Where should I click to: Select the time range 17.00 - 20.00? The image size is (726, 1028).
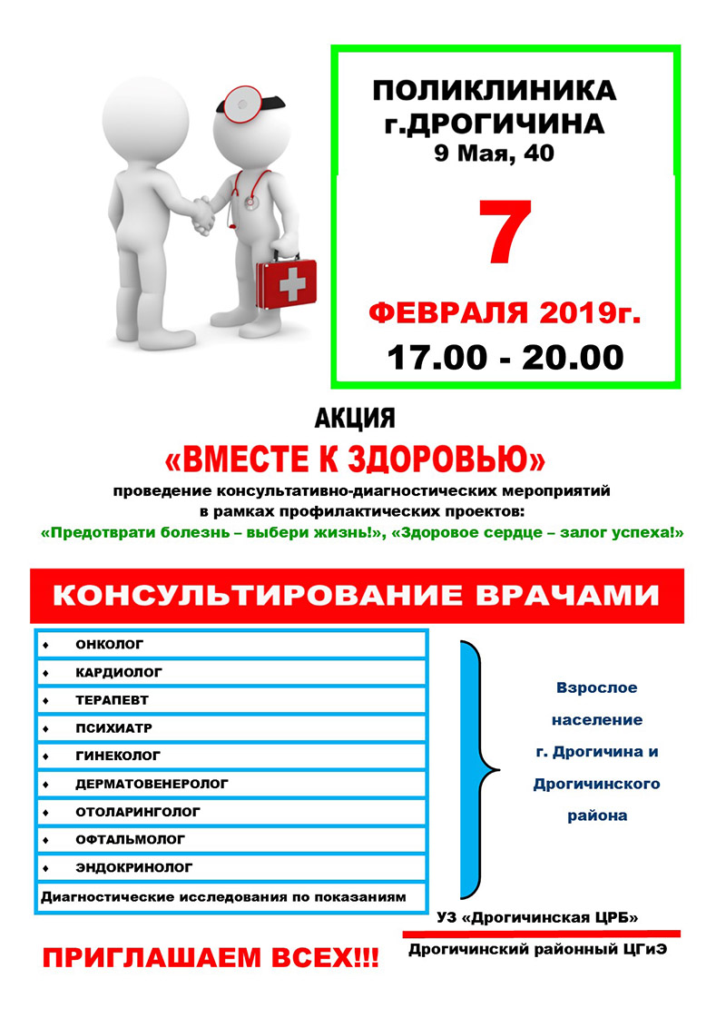point(505,356)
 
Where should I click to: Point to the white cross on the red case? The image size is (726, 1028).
point(291,285)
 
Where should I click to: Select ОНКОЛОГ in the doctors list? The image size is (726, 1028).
point(110,644)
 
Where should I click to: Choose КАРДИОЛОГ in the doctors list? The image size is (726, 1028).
point(119,672)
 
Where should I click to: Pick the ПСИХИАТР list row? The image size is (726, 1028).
point(114,727)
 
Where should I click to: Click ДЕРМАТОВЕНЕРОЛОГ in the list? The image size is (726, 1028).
point(152,783)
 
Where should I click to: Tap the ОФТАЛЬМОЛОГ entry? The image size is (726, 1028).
point(131,838)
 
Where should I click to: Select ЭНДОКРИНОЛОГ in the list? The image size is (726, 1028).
point(134,866)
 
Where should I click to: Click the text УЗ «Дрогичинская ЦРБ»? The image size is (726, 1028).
point(537,918)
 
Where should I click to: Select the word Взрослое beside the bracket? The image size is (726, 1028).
point(597,687)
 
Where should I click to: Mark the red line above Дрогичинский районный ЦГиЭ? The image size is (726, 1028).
point(541,933)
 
